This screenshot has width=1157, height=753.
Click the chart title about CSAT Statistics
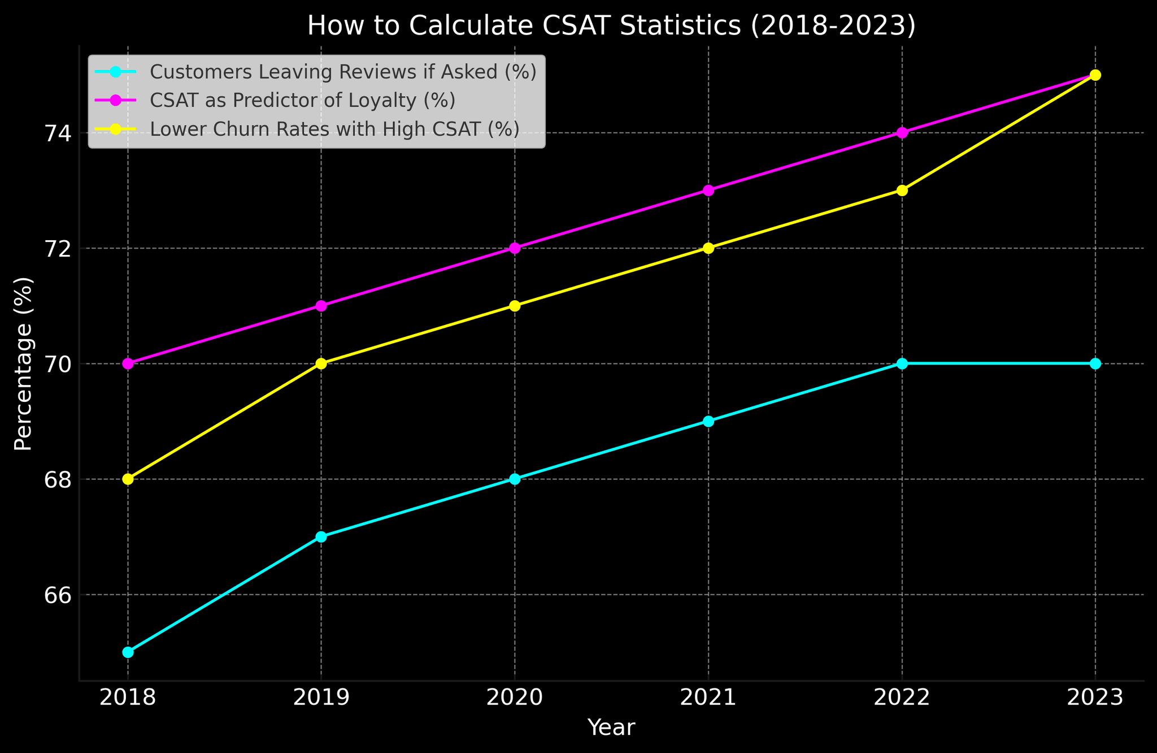point(611,26)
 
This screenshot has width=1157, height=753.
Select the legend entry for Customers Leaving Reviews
point(342,72)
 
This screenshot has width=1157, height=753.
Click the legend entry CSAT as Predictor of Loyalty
point(302,101)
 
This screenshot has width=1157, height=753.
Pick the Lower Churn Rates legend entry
point(334,129)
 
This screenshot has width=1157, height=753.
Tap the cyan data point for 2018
point(128,652)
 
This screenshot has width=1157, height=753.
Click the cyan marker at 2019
point(321,536)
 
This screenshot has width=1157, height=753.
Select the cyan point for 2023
point(1095,363)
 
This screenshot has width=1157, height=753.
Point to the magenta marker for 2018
point(128,363)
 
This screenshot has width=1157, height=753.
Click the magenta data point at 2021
point(708,191)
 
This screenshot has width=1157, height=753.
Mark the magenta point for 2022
point(902,133)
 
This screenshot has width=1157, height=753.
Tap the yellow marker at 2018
point(128,479)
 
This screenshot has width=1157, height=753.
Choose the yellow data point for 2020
point(515,306)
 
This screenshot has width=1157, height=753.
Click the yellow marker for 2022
point(902,191)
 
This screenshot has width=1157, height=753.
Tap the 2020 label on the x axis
point(515,698)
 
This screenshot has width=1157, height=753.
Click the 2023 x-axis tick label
point(1095,698)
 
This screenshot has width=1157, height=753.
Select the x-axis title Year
point(611,728)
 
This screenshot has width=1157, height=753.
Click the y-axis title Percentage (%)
point(23,363)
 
